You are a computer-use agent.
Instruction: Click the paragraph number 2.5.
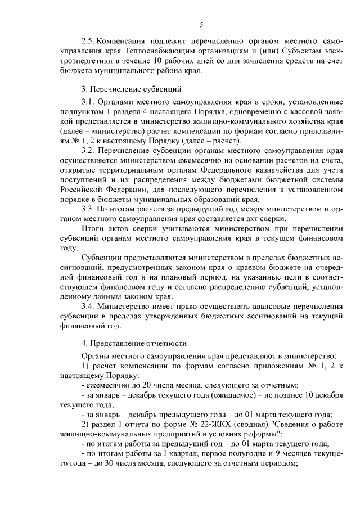[x=88, y=42]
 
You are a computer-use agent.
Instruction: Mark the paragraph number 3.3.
[x=88, y=209]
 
